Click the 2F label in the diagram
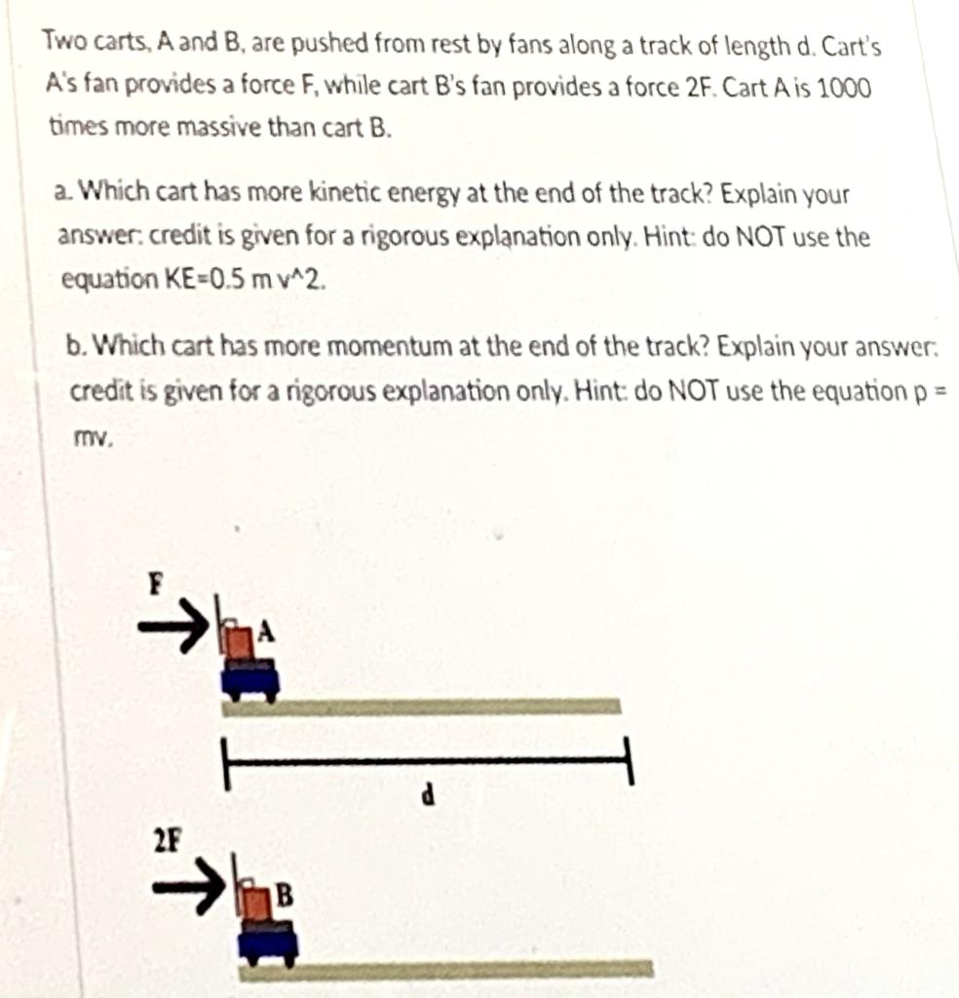pyautogui.click(x=168, y=839)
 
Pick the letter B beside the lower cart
pyautogui.click(x=285, y=892)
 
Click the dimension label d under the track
pyautogui.click(x=426, y=796)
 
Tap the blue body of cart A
pyautogui.click(x=250, y=678)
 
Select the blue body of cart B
pyautogui.click(x=268, y=939)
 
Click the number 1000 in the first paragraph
pyautogui.click(x=843, y=87)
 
